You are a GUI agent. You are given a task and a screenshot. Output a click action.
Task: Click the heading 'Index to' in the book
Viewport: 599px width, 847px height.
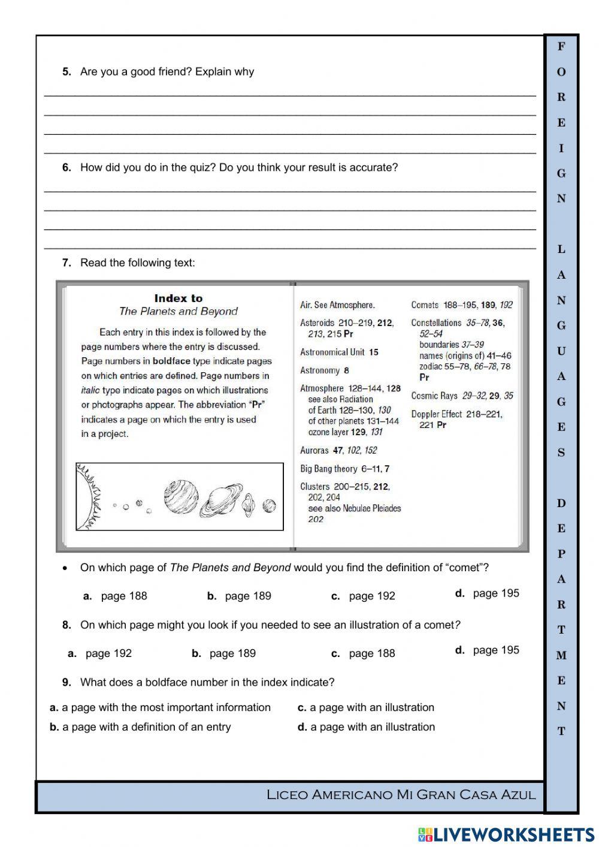point(179,298)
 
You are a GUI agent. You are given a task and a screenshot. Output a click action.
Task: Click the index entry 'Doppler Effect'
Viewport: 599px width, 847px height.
point(436,414)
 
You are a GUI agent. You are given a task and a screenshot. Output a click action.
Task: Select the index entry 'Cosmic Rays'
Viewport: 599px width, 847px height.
point(434,396)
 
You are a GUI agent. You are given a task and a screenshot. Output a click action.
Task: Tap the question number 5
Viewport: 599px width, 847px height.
point(66,72)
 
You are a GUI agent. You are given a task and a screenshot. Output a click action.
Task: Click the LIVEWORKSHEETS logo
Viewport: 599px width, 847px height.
point(506,834)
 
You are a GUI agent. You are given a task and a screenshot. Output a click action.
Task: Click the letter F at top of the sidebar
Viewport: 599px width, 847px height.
point(561,46)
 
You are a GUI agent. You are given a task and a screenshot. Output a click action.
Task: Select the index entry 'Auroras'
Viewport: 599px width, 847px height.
point(314,450)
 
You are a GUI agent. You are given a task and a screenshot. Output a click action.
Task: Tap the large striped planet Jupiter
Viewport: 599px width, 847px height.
point(181,496)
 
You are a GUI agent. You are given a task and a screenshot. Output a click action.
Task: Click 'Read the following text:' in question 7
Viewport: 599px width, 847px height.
point(137,263)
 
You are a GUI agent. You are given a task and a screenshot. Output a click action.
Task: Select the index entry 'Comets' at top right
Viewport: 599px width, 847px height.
point(425,305)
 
